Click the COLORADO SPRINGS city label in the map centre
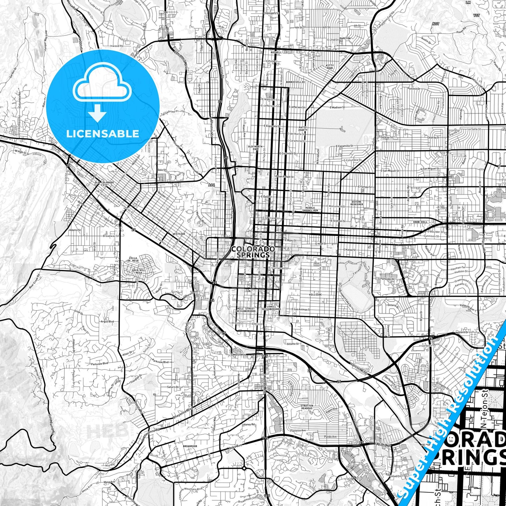pyautogui.click(x=253, y=252)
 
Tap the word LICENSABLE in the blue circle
pyautogui.click(x=103, y=133)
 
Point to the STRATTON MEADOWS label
pyautogui.click(x=307, y=407)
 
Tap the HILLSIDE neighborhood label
pyautogui.click(x=315, y=295)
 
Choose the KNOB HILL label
pyautogui.click(x=420, y=222)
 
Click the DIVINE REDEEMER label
pyautogui.click(x=357, y=203)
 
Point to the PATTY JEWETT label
pyautogui.click(x=303, y=129)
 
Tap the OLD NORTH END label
pyautogui.click(x=255, y=148)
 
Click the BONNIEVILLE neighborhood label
pyautogui.click(x=296, y=82)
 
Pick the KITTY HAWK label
pyautogui.click(x=330, y=67)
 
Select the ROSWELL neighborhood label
pyautogui.click(x=276, y=52)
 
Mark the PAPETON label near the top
pyautogui.click(x=345, y=39)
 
